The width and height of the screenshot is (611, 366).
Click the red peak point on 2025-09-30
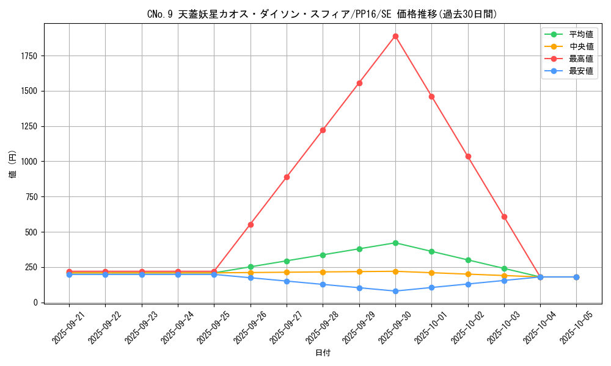pyautogui.click(x=395, y=36)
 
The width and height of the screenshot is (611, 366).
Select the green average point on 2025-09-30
pyautogui.click(x=395, y=243)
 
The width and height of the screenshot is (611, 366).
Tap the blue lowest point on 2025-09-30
pyautogui.click(x=395, y=291)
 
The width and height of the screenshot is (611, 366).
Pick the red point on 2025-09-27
pyautogui.click(x=287, y=177)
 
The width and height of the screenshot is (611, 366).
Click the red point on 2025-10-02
pyautogui.click(x=468, y=156)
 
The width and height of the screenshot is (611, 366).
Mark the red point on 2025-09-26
pyautogui.click(x=251, y=224)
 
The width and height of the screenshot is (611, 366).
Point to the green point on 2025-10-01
pyautogui.click(x=431, y=251)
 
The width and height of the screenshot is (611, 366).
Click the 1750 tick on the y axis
pyautogui.click(x=29, y=56)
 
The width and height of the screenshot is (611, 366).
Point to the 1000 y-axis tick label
pyautogui.click(x=29, y=162)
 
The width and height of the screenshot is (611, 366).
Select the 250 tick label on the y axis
pyautogui.click(x=31, y=267)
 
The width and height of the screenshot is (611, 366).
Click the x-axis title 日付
pyautogui.click(x=323, y=353)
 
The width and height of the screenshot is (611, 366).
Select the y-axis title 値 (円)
pyautogui.click(x=13, y=164)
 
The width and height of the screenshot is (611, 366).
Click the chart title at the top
pyautogui.click(x=323, y=14)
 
